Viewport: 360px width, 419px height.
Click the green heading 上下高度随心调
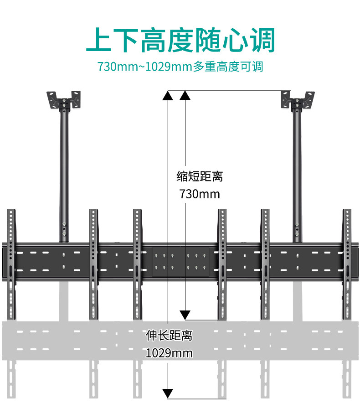180,40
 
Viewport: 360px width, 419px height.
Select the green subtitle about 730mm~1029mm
180,67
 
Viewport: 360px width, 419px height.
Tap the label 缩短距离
200,176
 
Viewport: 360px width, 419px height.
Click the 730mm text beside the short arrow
200,194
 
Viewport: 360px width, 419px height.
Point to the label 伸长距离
169,336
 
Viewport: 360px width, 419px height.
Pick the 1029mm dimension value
169,353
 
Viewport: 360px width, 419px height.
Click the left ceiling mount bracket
65,100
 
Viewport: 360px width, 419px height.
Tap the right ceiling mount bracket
298,100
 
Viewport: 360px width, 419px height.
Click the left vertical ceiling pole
64,173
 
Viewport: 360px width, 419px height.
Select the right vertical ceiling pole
297,173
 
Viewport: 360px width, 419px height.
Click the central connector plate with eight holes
180,262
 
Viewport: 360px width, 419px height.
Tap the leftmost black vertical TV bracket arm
11,264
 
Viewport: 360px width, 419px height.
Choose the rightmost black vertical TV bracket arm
348,264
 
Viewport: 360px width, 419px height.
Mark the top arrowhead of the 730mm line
185,95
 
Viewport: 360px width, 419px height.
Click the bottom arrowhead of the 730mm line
185,314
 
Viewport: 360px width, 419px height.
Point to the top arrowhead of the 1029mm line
168,95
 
